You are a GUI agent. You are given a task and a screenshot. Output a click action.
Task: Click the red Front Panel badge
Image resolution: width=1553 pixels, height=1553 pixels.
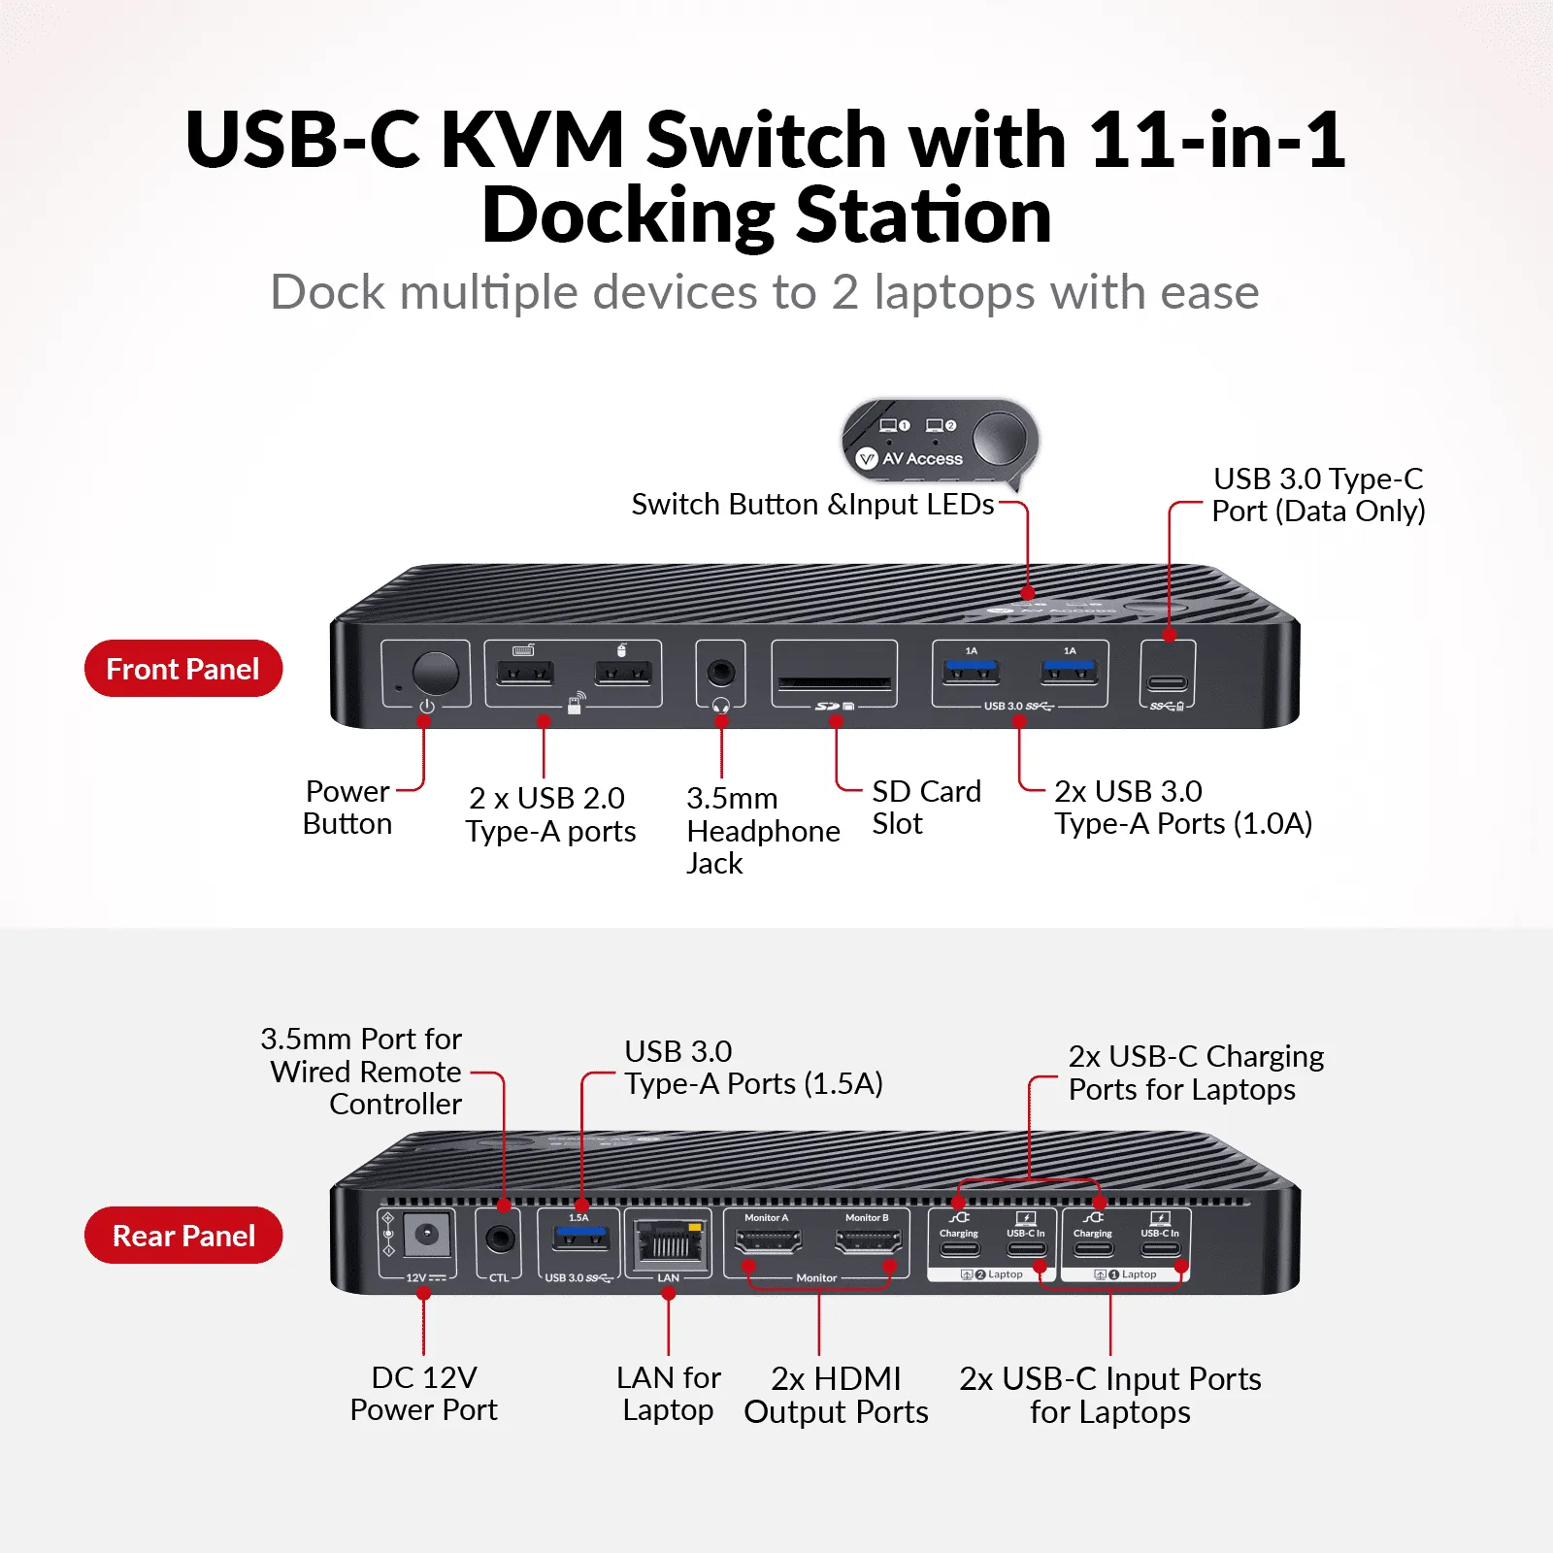click(x=182, y=669)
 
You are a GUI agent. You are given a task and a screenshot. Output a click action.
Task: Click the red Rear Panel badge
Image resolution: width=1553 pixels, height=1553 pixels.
click(x=182, y=1236)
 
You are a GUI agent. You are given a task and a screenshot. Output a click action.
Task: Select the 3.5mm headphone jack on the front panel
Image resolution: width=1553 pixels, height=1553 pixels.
click(x=720, y=671)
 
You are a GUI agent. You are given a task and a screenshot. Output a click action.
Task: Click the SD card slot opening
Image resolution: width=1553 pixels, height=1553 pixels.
click(x=834, y=683)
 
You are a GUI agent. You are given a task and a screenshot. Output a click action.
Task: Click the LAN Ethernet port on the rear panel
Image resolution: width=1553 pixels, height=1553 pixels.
click(x=668, y=1241)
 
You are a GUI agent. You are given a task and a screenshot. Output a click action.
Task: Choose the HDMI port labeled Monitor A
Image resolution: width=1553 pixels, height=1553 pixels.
click(x=768, y=1240)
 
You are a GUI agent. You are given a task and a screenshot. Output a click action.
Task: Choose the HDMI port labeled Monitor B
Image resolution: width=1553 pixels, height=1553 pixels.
click(x=868, y=1240)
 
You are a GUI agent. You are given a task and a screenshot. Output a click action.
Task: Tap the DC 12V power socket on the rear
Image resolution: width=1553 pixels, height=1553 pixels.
click(x=425, y=1236)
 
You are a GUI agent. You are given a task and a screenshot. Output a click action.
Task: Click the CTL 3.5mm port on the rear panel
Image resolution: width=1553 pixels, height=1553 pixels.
click(x=500, y=1239)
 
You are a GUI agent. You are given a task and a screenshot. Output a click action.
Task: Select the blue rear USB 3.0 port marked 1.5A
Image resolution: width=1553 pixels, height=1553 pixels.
click(x=579, y=1239)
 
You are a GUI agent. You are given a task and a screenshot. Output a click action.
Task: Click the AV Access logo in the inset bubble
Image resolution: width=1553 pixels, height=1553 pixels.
click(x=909, y=458)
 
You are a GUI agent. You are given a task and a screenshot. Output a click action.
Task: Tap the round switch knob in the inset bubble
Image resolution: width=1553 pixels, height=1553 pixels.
click(x=999, y=439)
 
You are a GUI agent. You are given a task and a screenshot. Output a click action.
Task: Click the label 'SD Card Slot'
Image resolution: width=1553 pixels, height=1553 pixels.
click(x=926, y=807)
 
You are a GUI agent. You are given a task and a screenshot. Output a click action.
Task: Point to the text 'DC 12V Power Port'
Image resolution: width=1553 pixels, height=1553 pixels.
click(x=423, y=1393)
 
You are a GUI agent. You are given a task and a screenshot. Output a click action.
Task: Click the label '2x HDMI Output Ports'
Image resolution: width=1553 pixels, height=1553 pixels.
click(x=836, y=1395)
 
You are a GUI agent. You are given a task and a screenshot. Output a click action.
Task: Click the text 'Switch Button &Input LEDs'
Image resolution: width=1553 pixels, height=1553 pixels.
click(x=812, y=505)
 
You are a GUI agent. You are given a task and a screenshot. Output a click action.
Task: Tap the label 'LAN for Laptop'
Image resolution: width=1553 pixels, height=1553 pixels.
click(x=668, y=1393)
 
